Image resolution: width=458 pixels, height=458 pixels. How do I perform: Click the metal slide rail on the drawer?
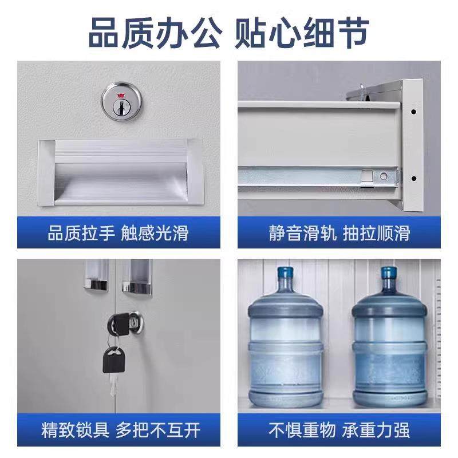[321, 175]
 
